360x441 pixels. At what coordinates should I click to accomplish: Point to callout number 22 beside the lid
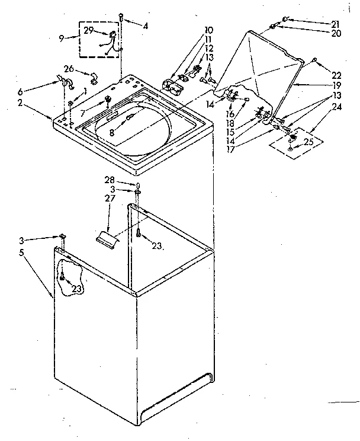(x=336, y=75)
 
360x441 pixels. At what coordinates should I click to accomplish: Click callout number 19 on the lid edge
(x=336, y=85)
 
